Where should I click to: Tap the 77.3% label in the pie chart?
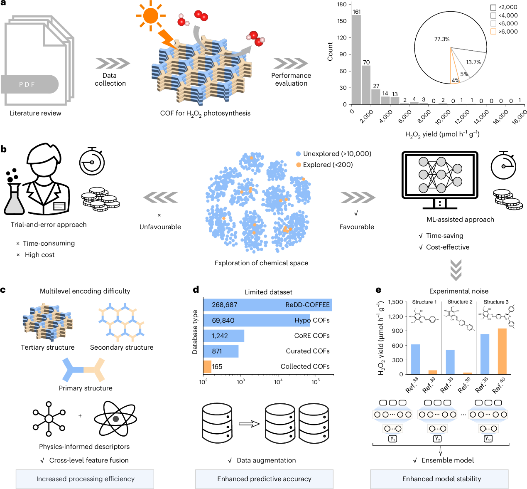tap(442, 39)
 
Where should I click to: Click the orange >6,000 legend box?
tap(493, 32)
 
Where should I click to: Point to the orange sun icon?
tap(150, 15)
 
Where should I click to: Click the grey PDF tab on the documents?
tap(29, 84)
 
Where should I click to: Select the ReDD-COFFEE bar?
tap(267, 305)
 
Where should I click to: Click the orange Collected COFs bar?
tap(207, 366)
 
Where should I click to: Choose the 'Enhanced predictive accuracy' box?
tap(264, 479)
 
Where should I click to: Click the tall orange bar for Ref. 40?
tap(502, 351)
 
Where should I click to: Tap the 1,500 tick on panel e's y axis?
tap(395, 302)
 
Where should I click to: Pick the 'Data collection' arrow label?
tap(110, 79)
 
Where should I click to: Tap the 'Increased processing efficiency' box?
tap(85, 479)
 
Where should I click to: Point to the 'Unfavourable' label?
tap(160, 227)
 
